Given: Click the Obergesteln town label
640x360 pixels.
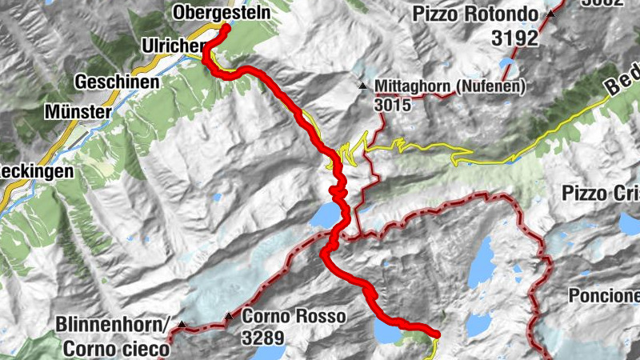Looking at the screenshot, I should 221,14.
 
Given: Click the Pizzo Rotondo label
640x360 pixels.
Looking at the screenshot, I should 478,14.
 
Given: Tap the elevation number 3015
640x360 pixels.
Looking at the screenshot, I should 392,105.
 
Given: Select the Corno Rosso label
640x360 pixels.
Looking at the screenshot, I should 294,317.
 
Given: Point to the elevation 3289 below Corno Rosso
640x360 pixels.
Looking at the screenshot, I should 263,337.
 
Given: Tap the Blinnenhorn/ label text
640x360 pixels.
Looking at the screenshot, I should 113,325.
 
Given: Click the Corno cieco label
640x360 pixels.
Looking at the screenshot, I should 117,348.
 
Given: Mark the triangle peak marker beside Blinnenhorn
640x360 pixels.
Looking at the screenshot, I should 182,326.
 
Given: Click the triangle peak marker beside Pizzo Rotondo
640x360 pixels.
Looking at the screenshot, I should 551,14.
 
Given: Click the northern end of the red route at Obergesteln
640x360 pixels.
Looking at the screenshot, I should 226,29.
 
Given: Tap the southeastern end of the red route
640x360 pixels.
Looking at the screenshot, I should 436,333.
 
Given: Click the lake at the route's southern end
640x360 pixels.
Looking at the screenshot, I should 387,331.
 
